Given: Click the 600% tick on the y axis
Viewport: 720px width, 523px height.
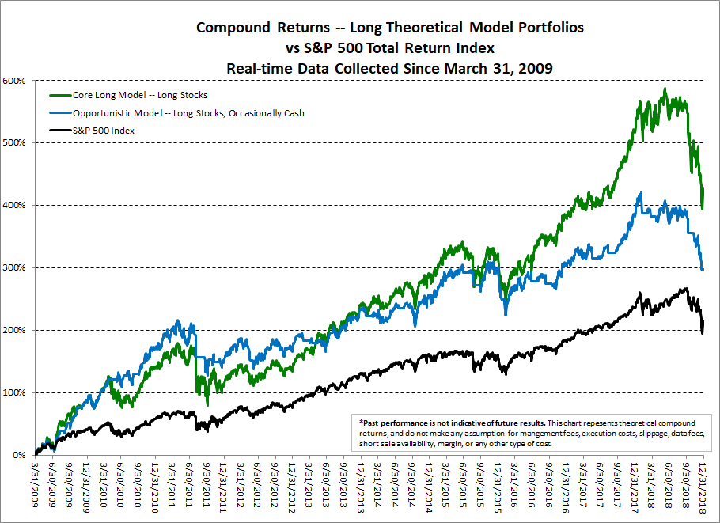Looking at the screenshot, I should [x=14, y=81].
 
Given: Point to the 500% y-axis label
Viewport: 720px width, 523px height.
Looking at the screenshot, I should [x=14, y=143].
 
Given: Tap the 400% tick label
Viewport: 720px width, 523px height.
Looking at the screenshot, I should [x=14, y=206].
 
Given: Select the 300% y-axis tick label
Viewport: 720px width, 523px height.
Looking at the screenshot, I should [x=14, y=268].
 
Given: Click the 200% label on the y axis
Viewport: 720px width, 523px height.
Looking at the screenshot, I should [x=14, y=331].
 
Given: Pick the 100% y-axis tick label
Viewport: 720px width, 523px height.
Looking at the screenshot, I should [x=14, y=393].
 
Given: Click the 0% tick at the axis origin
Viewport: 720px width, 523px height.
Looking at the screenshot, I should [x=19, y=456].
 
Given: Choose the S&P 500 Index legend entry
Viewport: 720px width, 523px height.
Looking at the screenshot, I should [x=103, y=130].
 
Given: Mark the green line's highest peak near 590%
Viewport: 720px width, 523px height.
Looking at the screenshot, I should [x=665, y=89].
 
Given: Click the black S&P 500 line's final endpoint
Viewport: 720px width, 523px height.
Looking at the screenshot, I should [x=703, y=320].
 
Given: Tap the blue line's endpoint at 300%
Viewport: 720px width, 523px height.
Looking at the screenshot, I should [x=703, y=269].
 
